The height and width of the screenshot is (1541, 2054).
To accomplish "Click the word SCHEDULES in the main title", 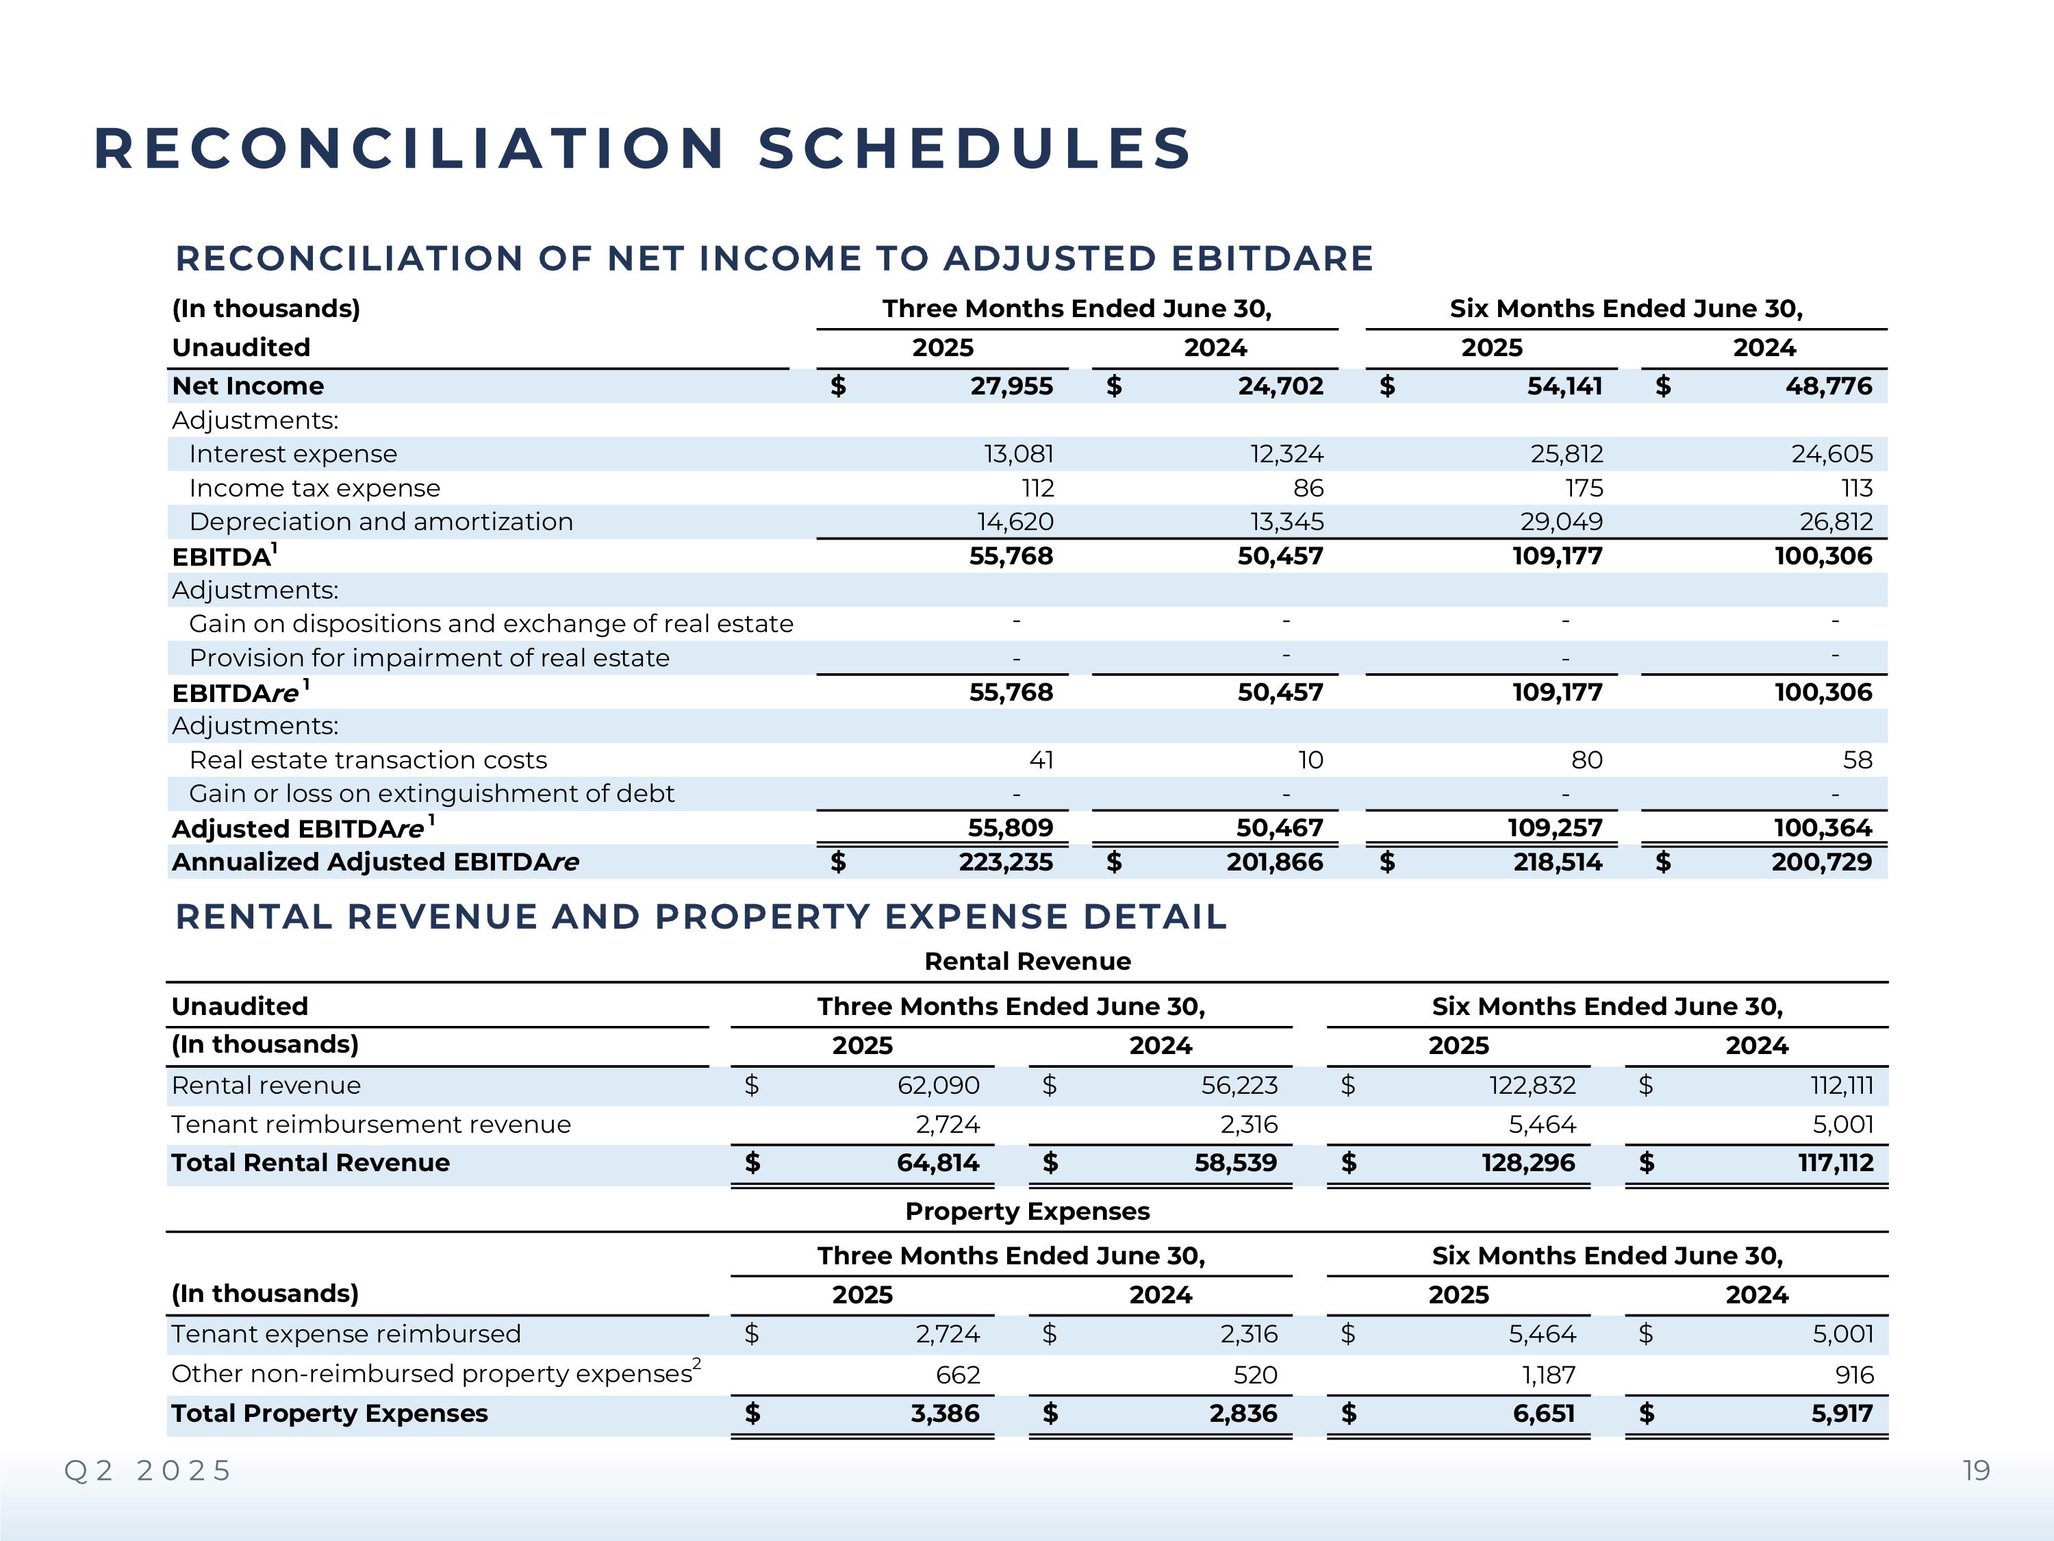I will click(974, 149).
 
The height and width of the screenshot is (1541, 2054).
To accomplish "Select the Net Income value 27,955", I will click(1011, 386).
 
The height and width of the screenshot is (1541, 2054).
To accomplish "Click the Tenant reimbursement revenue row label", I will click(370, 1125).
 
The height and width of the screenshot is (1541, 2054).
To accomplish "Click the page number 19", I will click(1976, 1471).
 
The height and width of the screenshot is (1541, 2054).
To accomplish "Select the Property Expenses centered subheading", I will click(1027, 1212).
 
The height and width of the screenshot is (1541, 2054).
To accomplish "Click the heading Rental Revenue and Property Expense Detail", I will click(701, 917).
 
